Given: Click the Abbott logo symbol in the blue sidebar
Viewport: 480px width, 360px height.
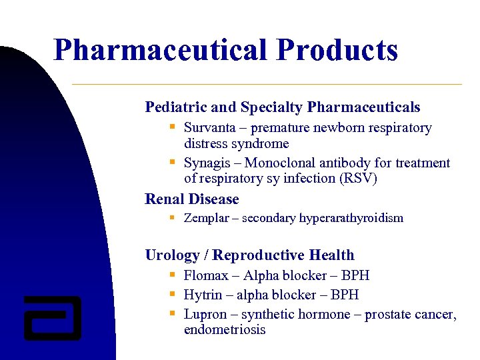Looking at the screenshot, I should coord(52,317).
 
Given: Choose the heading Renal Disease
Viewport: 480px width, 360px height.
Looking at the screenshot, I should coord(192,199).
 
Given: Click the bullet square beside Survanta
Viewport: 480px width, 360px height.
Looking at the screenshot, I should coord(172,126).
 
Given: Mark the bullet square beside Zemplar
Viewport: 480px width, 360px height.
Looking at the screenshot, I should coord(172,217).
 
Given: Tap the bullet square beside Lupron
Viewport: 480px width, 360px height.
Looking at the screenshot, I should coord(172,313).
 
